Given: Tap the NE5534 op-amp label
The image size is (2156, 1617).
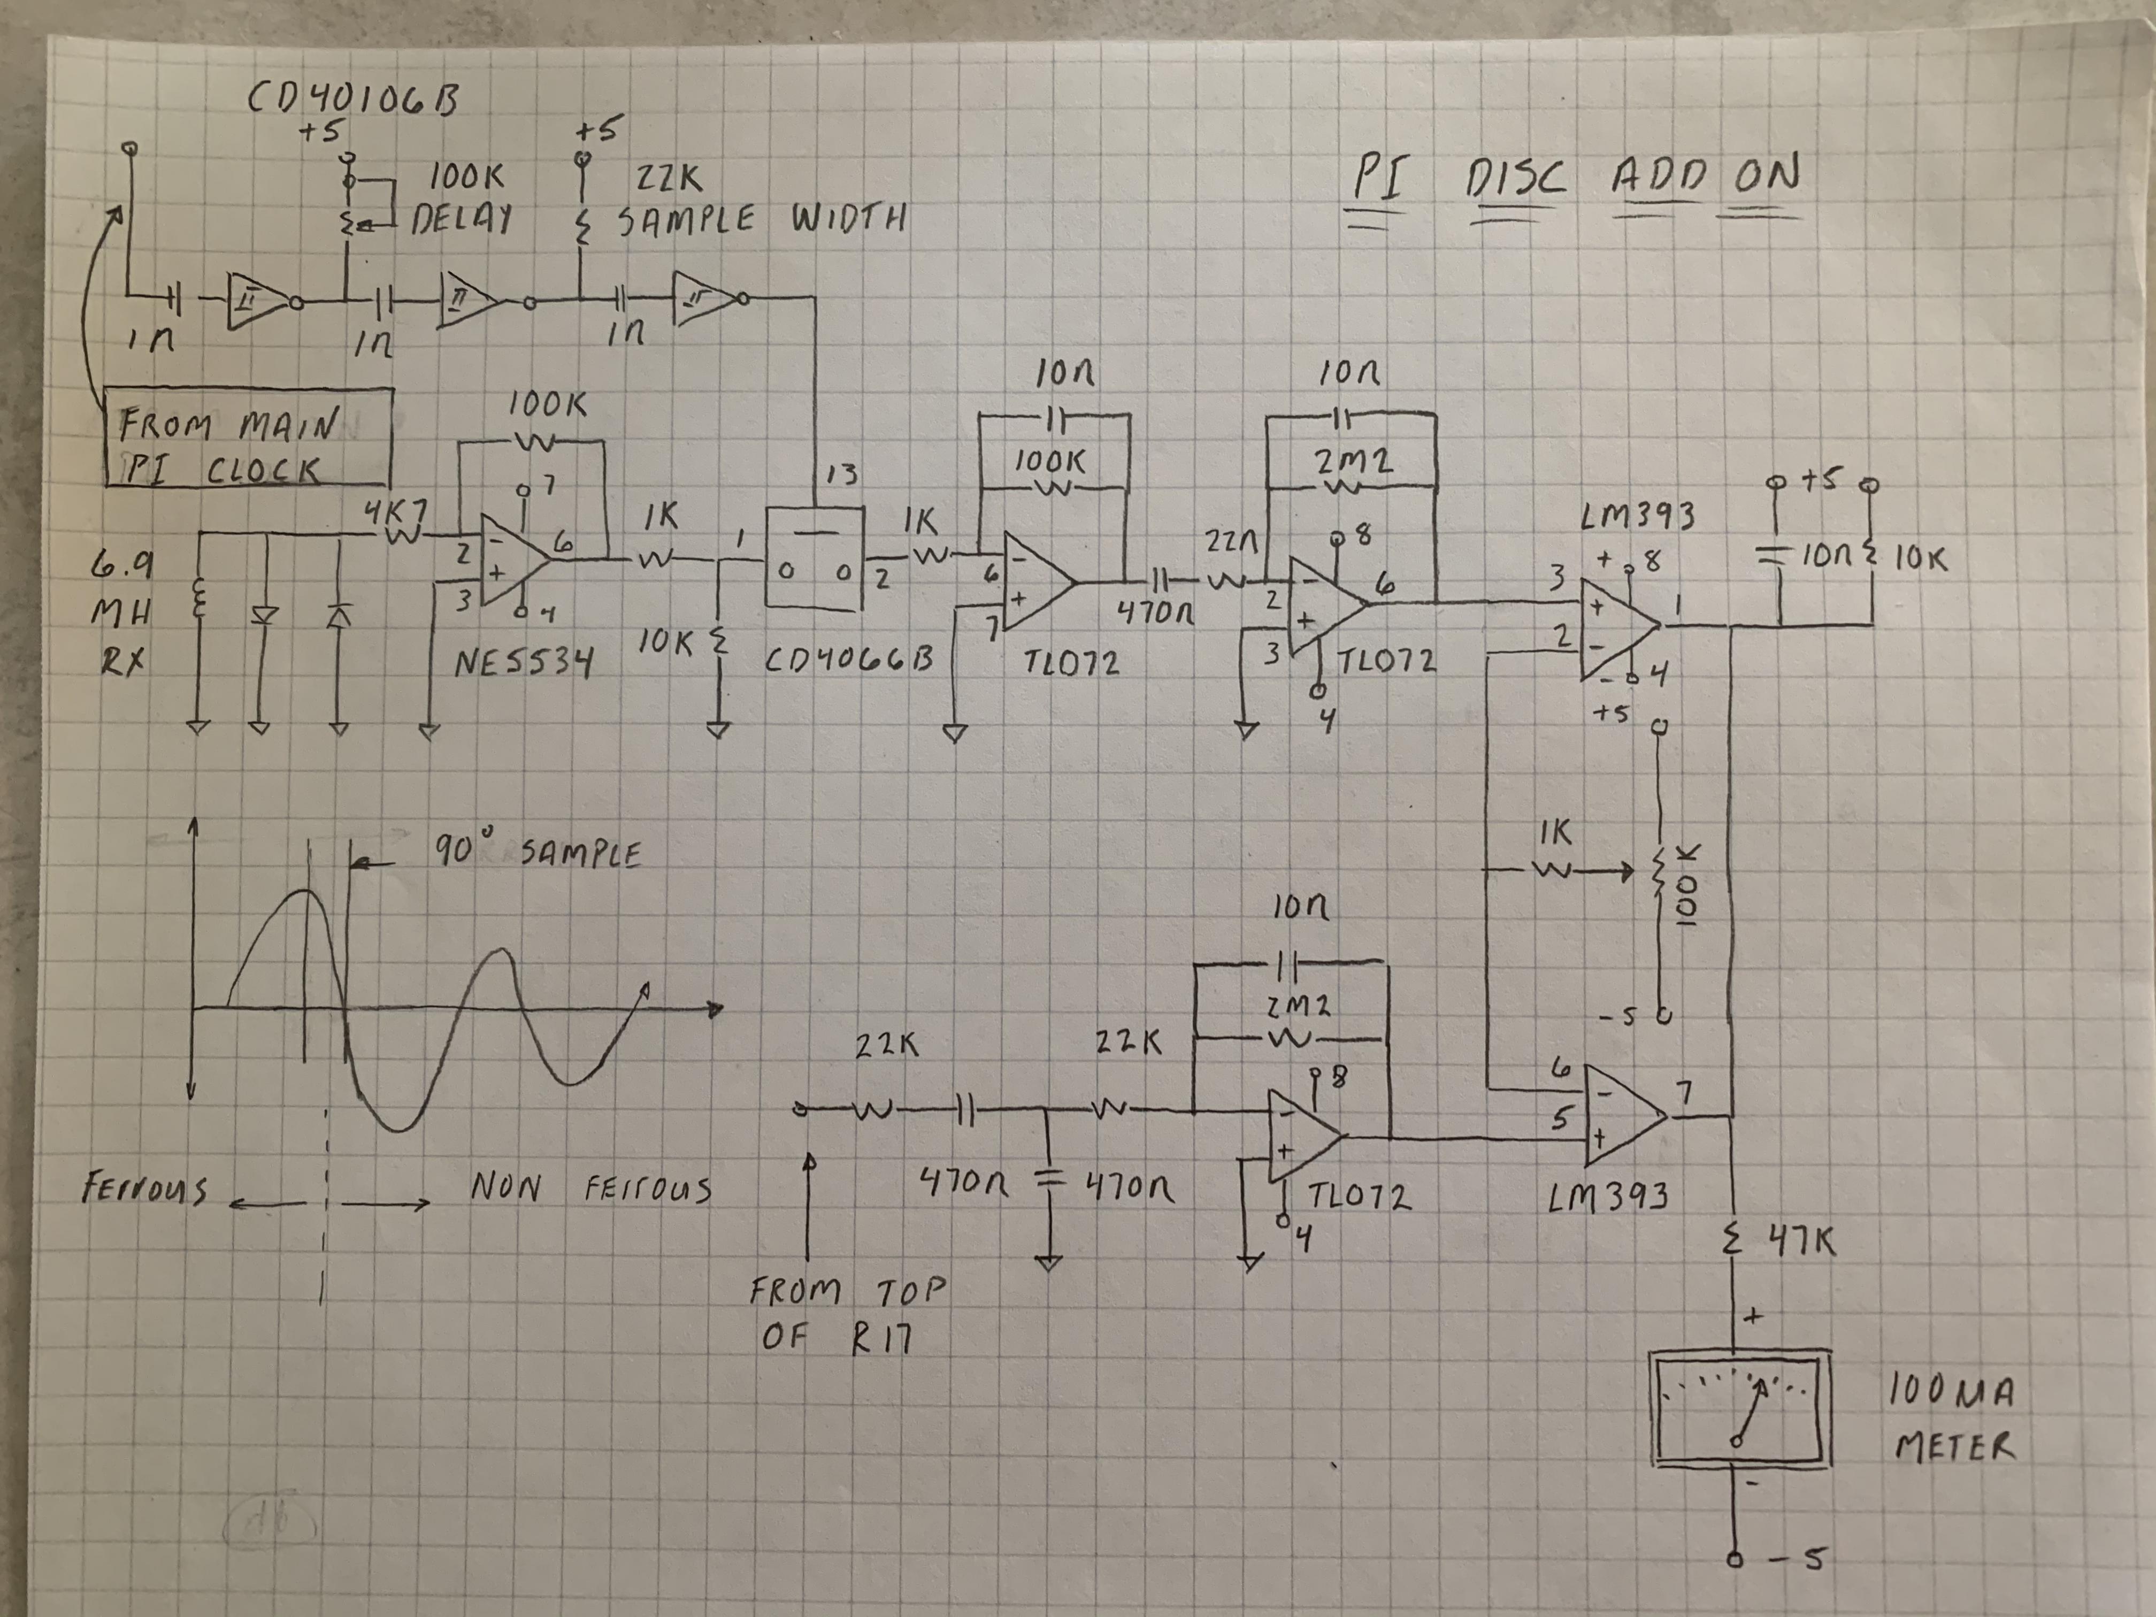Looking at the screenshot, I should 524,665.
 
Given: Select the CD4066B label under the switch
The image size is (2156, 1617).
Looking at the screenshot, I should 847,661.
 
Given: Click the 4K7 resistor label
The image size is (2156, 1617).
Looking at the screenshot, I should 398,514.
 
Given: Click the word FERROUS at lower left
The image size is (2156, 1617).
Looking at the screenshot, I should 144,1190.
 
